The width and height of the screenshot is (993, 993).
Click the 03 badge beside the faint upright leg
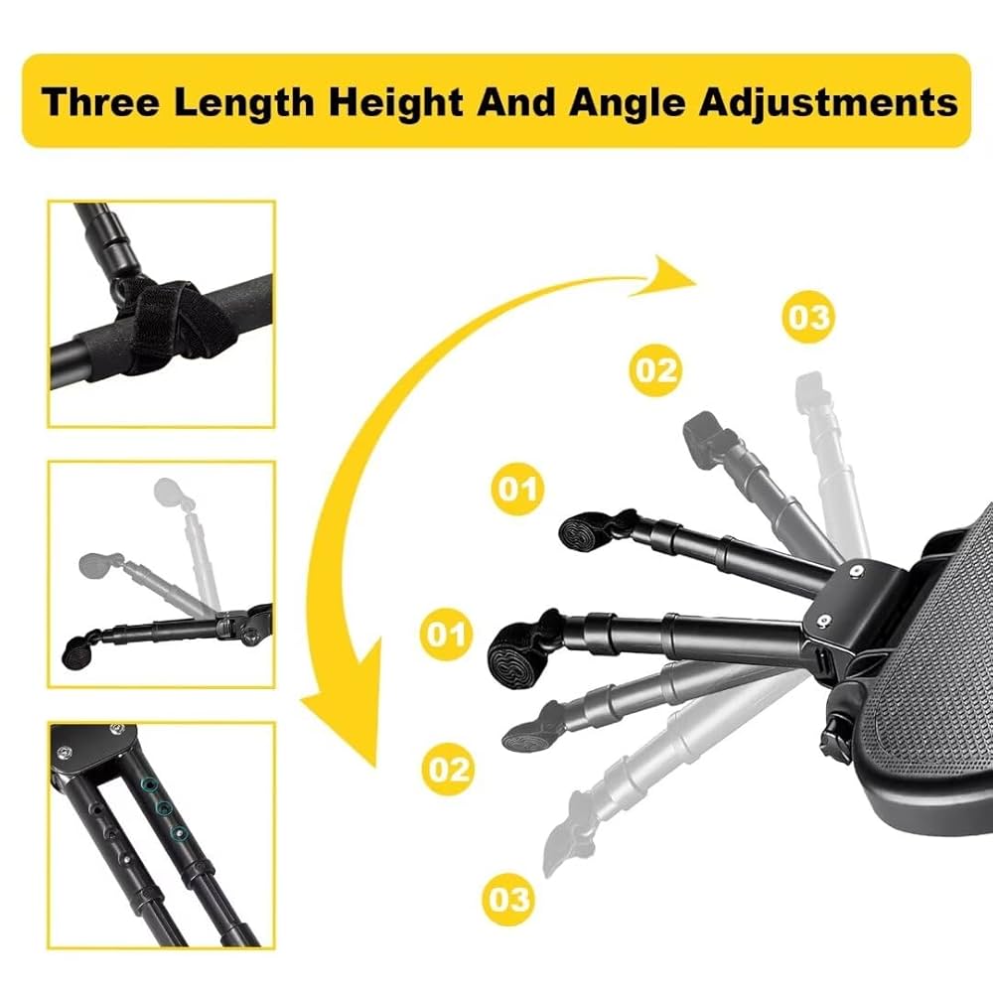pos(807,318)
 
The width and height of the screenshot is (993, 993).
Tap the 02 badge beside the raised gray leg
pos(656,370)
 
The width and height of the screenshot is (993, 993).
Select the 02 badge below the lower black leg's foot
pos(448,768)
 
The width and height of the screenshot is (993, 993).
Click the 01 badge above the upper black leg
pos(518,488)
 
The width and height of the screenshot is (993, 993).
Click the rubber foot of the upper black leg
pos(579,533)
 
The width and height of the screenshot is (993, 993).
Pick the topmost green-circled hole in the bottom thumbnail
pos(149,785)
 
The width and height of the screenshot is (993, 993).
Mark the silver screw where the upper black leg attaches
pos(855,572)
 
